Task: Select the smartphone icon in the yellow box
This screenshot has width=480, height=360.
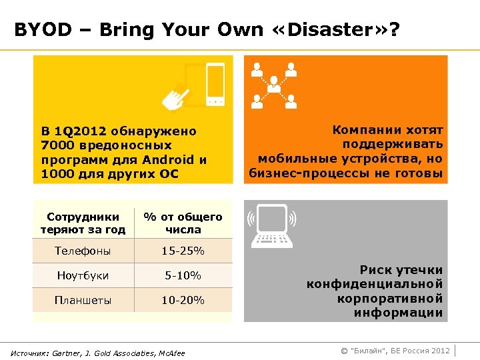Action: point(213,84)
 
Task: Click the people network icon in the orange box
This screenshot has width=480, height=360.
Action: point(273,85)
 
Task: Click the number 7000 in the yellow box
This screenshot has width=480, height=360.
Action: point(56,145)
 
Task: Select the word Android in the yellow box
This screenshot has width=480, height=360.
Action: point(169,160)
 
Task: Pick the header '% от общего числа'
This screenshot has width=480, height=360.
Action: point(183,223)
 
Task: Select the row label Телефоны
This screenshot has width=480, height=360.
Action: point(83,251)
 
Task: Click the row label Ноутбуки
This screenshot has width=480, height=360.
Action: point(83,275)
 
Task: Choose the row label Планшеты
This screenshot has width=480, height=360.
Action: point(83,300)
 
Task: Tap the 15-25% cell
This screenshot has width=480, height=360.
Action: point(183,251)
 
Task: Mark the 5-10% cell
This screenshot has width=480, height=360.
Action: point(183,275)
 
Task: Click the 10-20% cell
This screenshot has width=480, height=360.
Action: point(183,300)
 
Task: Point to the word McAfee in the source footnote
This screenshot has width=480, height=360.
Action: point(169,352)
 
